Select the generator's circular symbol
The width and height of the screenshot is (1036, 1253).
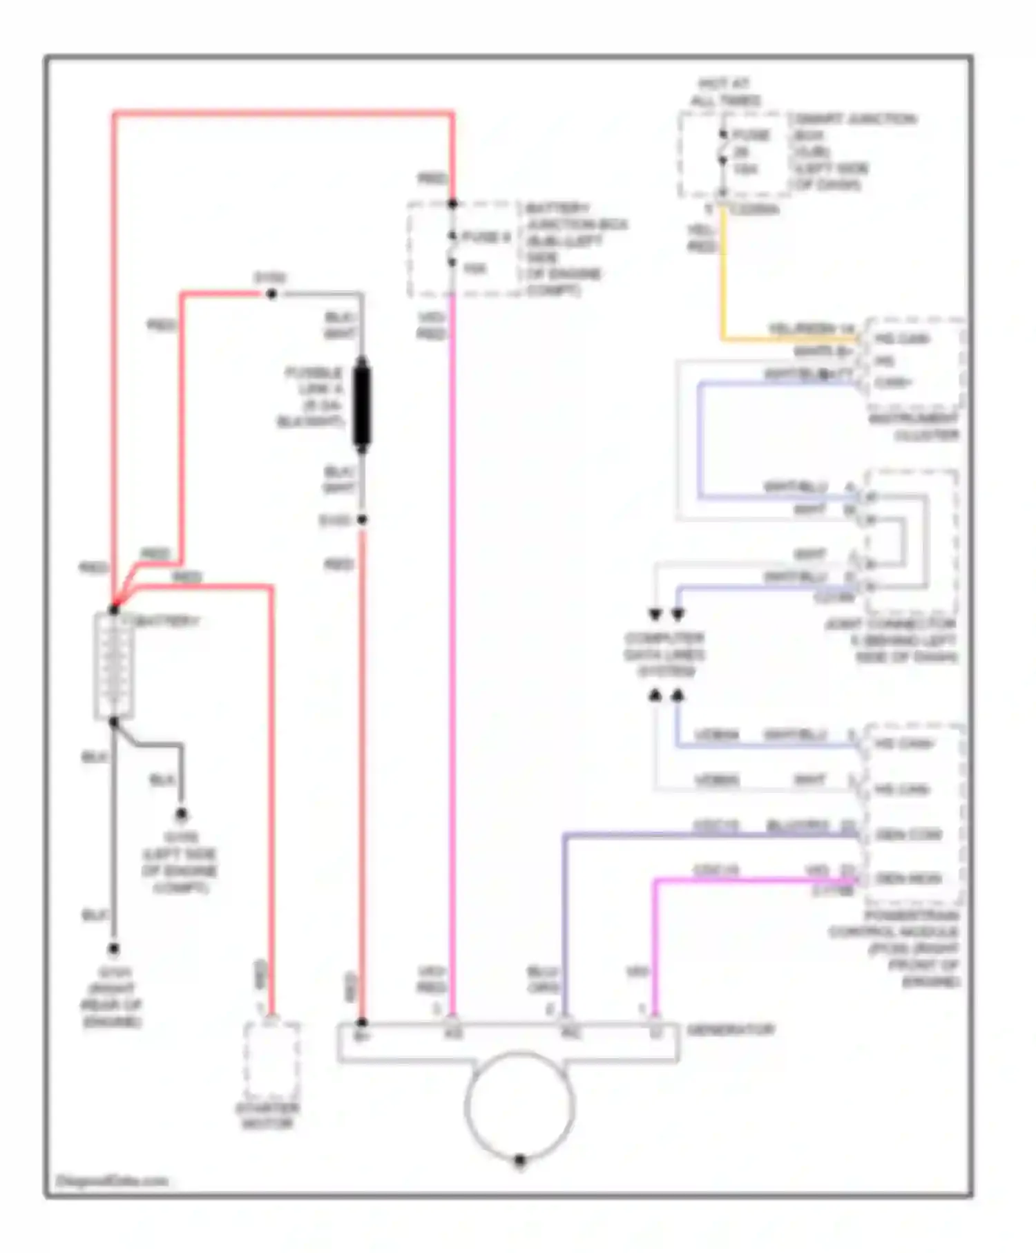click(519, 1104)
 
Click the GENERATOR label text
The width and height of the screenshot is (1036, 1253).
click(730, 1030)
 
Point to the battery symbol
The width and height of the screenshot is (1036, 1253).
click(113, 666)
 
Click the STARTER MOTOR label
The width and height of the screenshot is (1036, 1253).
click(267, 1116)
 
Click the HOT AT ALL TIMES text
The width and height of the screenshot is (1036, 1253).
click(725, 92)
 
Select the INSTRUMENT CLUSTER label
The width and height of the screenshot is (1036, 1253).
click(914, 427)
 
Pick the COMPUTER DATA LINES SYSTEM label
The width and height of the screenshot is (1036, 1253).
click(664, 654)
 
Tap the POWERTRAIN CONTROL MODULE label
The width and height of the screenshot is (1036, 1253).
click(894, 948)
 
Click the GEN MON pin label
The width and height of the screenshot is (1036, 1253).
click(908, 879)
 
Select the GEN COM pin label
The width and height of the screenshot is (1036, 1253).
click(908, 835)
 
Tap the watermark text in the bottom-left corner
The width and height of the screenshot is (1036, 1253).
click(111, 1180)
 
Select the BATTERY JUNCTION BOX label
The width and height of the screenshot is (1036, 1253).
click(575, 249)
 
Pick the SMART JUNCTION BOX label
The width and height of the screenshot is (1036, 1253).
click(853, 151)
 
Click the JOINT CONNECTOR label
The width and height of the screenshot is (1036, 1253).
click(891, 640)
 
